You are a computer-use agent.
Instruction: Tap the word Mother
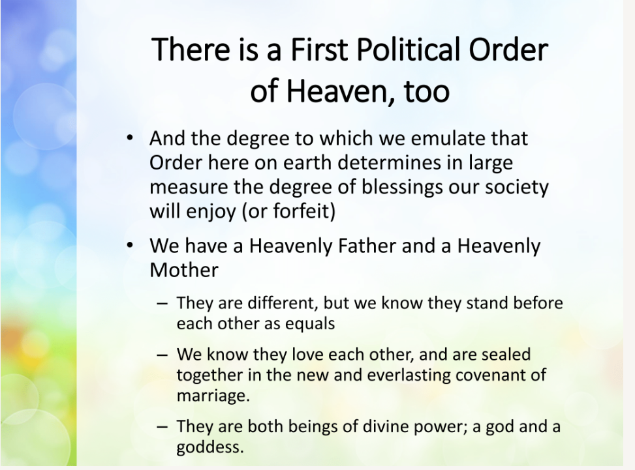click(184, 270)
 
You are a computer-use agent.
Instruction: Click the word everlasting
click(409, 375)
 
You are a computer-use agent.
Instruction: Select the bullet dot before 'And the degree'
click(130, 138)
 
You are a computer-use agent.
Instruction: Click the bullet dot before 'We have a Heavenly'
click(130, 246)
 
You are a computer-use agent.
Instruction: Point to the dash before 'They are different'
click(162, 303)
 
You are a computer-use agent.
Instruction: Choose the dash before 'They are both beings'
click(162, 427)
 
